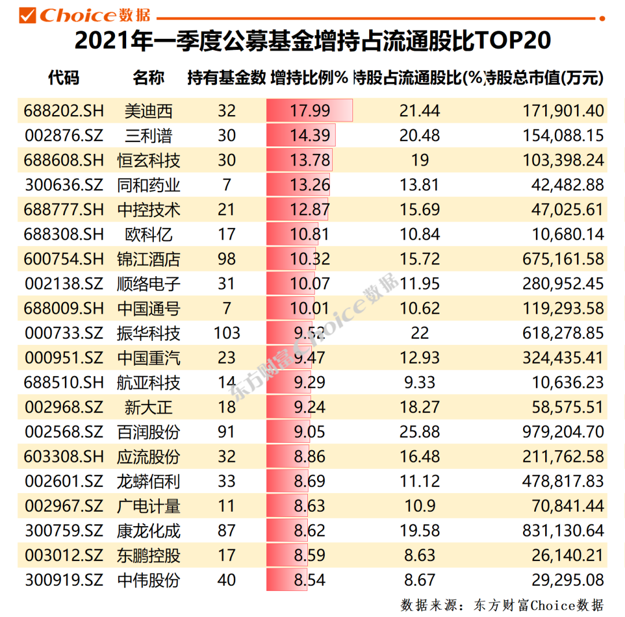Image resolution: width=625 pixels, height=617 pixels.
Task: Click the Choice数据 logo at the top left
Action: (87, 16)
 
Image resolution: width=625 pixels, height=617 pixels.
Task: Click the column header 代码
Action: (64, 78)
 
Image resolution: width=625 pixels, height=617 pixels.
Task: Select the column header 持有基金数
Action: (226, 78)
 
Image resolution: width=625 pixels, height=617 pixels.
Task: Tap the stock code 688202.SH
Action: (64, 111)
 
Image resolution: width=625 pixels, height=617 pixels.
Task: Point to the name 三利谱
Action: (149, 135)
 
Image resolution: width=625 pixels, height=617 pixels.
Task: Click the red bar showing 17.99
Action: (310, 111)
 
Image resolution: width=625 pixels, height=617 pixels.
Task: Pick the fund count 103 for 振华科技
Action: (226, 333)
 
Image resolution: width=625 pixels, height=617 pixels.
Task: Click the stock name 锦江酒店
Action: (149, 259)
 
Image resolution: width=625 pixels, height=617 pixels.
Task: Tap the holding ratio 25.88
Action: (420, 432)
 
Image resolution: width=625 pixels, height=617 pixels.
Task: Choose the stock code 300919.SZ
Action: (64, 579)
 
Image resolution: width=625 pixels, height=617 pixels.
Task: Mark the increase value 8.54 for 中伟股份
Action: (310, 579)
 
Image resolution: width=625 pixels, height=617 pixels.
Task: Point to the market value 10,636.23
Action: (567, 383)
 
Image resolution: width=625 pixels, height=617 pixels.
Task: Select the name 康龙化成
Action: (149, 530)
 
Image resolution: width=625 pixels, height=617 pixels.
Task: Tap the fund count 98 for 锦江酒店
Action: (226, 259)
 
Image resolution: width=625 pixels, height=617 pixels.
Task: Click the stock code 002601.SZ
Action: (64, 481)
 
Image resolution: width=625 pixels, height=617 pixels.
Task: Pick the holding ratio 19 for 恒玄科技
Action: (420, 160)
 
